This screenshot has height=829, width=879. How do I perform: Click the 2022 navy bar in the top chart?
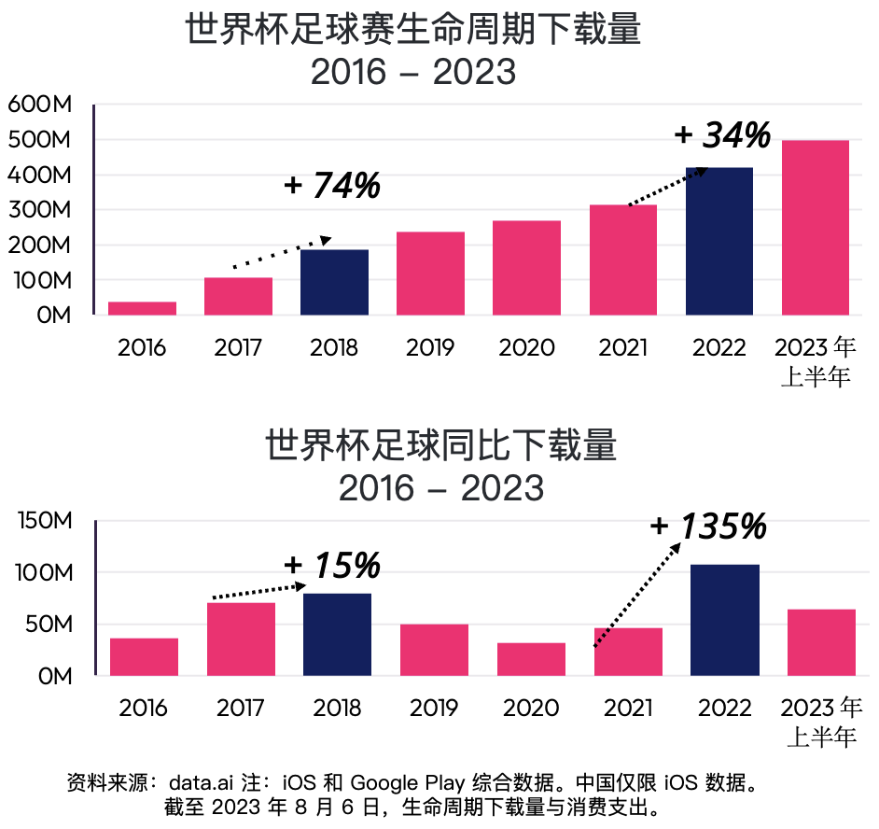click(719, 241)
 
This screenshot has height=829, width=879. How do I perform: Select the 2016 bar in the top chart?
click(142, 308)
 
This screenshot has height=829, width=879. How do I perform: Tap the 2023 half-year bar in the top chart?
click(816, 227)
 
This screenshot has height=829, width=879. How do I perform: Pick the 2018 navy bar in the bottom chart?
click(337, 634)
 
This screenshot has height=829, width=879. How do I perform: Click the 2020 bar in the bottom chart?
click(531, 659)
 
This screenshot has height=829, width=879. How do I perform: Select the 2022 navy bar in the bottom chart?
click(724, 620)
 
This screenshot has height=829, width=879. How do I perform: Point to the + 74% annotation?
click(332, 185)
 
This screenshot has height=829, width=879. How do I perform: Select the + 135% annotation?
click(709, 527)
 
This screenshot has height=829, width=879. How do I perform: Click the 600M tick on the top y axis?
click(40, 105)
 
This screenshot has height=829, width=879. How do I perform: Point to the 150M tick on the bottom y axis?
click(45, 520)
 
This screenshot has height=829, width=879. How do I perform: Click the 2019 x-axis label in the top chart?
click(430, 348)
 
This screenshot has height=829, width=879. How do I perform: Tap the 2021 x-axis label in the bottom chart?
click(627, 708)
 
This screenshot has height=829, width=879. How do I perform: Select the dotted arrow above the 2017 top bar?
click(280, 253)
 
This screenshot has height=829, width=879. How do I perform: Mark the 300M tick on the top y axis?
click(40, 210)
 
